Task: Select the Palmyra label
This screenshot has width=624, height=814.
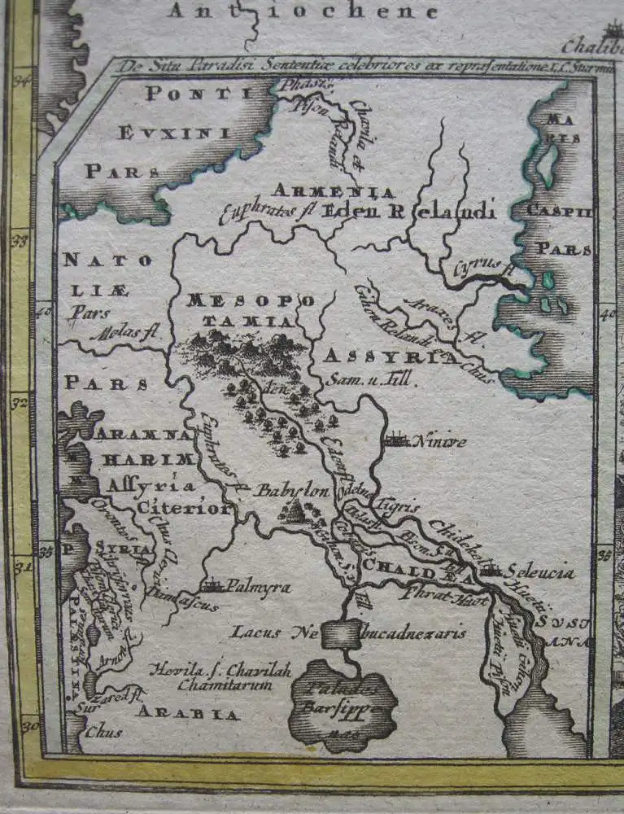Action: (258, 585)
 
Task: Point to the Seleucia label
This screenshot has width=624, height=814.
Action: (538, 572)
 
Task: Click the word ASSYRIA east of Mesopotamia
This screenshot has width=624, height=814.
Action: (389, 357)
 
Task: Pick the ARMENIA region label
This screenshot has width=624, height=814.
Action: (333, 191)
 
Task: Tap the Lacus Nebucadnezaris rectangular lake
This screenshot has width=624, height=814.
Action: (341, 633)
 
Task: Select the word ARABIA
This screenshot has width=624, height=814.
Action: (188, 714)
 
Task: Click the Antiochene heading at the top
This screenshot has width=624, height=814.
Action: (303, 11)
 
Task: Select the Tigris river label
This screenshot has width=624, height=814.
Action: (401, 505)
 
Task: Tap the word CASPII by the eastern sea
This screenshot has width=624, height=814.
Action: (558, 212)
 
